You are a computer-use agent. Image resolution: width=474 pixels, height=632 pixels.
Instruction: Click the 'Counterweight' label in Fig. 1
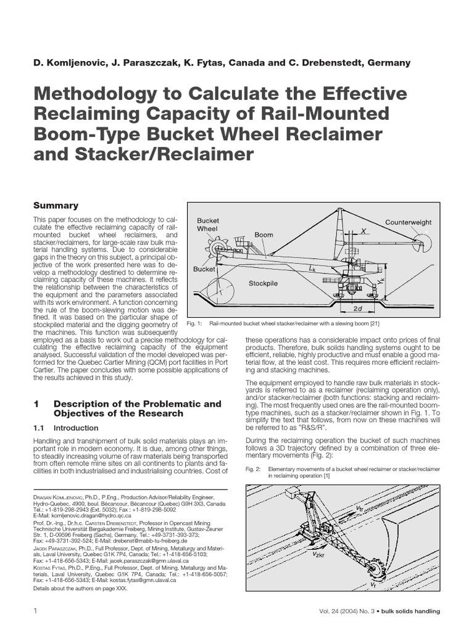pos(409,222)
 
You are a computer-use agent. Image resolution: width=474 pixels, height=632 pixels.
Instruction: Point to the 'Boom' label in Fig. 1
pos(264,235)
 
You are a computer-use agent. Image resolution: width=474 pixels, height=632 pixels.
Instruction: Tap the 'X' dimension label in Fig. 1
pos(364,229)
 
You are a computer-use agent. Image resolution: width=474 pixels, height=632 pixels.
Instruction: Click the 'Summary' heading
pos(56,205)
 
